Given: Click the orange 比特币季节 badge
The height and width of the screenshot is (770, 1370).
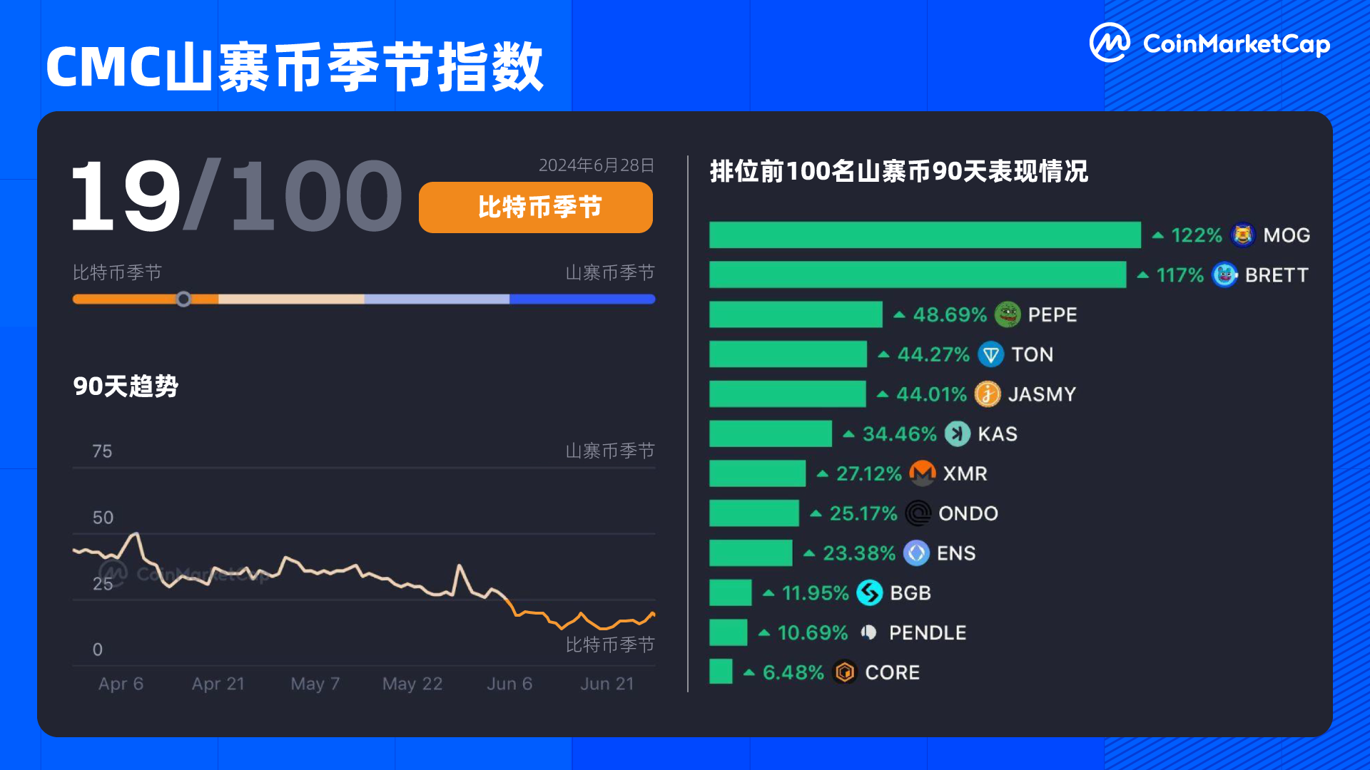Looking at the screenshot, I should click(535, 207).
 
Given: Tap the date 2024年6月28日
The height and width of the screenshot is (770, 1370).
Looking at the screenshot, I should click(596, 165).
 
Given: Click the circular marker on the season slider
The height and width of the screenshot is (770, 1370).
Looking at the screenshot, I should click(183, 299).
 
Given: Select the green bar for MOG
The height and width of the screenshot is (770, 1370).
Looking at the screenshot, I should click(925, 235).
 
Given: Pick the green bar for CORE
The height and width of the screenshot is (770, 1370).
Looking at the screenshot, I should click(721, 672).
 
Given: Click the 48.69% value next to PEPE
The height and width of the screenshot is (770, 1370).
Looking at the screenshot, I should click(949, 314).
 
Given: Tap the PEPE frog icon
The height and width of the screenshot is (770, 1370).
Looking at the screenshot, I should click(1008, 314).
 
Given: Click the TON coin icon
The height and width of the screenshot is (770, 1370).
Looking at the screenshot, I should click(990, 354).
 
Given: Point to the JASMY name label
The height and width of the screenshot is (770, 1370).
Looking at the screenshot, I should click(1042, 394).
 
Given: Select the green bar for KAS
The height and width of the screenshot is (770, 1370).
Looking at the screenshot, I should click(771, 433).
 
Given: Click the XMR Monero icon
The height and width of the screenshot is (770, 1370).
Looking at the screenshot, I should click(923, 473).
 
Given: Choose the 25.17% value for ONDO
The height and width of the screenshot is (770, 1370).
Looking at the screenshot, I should click(863, 513).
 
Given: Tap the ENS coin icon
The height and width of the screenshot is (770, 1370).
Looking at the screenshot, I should click(916, 553).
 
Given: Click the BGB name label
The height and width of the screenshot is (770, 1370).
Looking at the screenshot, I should click(910, 593).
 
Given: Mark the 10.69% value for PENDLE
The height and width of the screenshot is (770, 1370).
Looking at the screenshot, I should click(812, 632).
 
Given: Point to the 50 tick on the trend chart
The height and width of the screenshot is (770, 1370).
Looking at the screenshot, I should click(103, 518).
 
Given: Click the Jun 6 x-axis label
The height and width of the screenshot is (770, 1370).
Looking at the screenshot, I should click(509, 684).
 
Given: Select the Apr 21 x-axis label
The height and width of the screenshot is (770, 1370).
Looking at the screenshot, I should click(218, 684).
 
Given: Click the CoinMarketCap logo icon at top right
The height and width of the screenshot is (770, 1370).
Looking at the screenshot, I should click(1110, 43).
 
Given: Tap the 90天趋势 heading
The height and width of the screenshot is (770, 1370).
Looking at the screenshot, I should click(126, 386).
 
